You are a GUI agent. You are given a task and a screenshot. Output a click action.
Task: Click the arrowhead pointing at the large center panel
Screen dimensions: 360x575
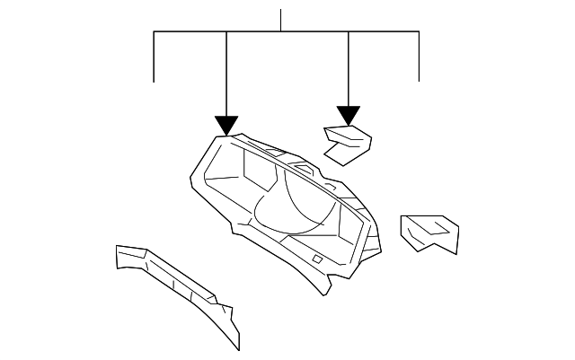[226, 126]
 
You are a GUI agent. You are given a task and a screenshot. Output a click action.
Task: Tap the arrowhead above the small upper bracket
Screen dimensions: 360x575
[349, 116]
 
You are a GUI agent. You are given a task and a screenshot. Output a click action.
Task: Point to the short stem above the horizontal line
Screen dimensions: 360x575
[281, 21]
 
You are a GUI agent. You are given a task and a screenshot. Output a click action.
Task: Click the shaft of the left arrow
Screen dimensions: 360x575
[226, 76]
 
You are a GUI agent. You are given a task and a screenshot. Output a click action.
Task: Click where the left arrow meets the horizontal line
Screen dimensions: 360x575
[226, 32]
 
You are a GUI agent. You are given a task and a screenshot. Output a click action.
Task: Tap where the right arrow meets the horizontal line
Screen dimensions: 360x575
[349, 32]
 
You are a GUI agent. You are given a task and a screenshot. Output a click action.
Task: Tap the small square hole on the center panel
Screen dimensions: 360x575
[318, 259]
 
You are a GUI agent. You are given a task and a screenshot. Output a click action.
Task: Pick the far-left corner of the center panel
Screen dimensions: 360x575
[189, 184]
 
